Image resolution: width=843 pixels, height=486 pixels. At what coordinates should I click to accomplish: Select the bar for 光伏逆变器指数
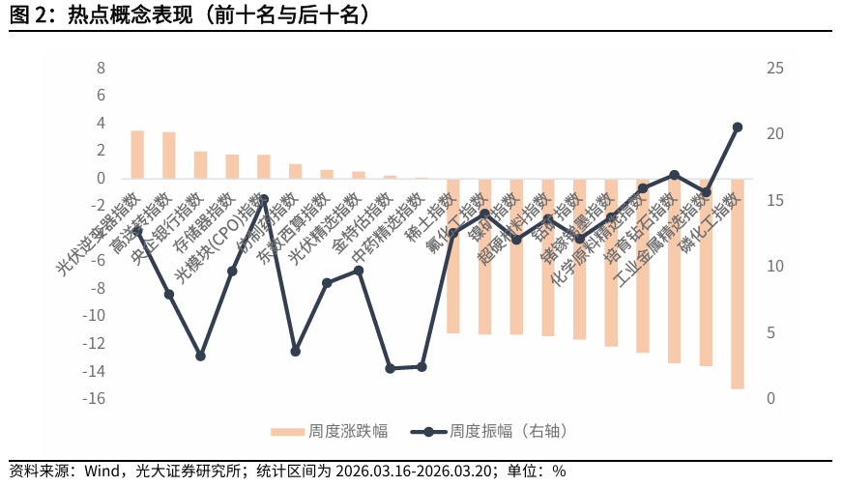coord(137,155)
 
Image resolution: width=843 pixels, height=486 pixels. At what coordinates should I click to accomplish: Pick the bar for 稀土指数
coord(452,256)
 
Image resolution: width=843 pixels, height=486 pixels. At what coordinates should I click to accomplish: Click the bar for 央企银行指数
coord(200,165)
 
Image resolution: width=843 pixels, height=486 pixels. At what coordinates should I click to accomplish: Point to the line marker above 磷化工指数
coord(737,128)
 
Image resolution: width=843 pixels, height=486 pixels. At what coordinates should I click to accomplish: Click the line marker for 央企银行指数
coord(200,356)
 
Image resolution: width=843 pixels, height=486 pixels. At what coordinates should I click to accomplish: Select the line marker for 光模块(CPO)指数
coord(264,199)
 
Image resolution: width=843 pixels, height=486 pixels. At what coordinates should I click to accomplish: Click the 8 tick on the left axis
coord(101,69)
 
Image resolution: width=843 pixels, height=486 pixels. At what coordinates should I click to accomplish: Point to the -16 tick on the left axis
coord(95,399)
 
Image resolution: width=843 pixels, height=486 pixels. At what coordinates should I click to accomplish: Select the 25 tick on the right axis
coord(748,69)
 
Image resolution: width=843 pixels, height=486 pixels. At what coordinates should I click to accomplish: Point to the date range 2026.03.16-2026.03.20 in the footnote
coord(416,472)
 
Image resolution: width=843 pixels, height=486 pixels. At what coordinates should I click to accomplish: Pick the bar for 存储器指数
coord(232,166)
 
